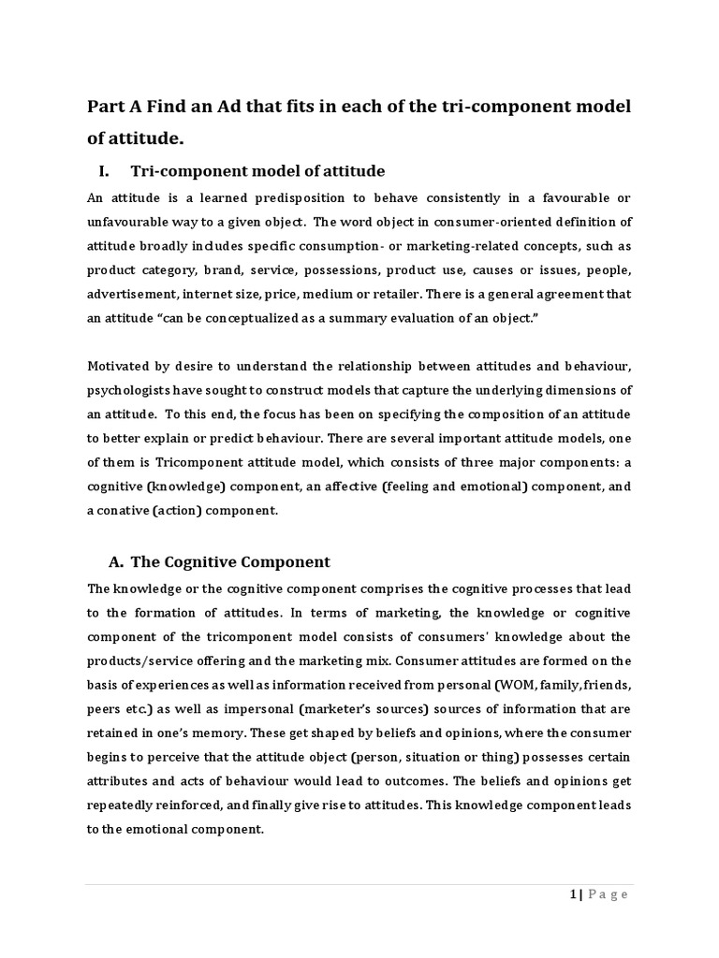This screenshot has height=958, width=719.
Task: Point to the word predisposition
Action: click(x=293, y=197)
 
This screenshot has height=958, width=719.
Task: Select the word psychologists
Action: click(x=132, y=390)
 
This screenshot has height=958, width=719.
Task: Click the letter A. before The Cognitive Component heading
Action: click(x=116, y=562)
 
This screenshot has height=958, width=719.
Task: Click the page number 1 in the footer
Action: click(x=571, y=894)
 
